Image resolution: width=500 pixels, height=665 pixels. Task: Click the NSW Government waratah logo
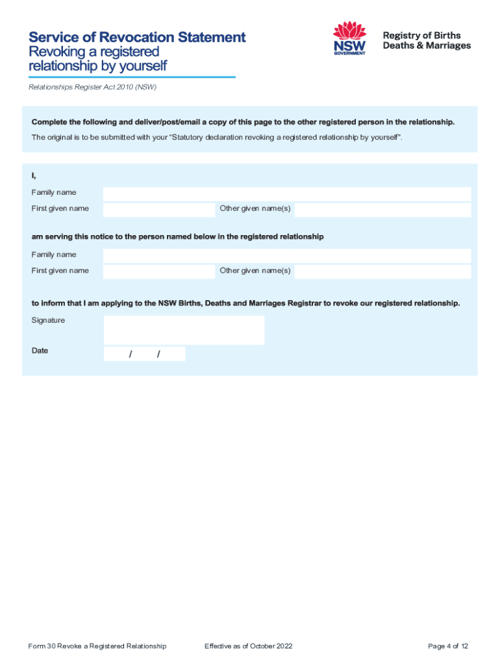[349, 38]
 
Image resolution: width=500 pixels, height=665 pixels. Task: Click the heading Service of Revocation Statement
[137, 37]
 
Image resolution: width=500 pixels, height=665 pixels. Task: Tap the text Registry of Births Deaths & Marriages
[427, 40]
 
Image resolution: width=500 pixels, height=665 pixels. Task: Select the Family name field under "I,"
[286, 194]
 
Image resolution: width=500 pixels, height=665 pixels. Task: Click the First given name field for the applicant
[158, 209]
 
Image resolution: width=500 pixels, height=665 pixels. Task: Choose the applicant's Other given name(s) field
[382, 209]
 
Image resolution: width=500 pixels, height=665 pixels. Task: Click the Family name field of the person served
[286, 255]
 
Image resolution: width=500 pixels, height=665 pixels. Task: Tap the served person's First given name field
[158, 271]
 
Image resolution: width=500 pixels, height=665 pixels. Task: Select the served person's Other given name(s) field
[382, 271]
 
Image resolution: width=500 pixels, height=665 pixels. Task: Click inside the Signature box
[184, 330]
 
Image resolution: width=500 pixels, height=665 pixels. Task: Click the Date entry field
[144, 354]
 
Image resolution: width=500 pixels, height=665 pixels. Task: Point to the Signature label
[48, 320]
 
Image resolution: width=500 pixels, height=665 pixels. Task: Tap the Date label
[40, 351]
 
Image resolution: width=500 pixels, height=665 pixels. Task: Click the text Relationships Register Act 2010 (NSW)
[92, 86]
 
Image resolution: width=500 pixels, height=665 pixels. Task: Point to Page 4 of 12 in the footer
[448, 646]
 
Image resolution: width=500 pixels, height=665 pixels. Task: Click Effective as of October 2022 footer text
[248, 646]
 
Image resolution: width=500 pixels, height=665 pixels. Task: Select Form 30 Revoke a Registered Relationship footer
[97, 646]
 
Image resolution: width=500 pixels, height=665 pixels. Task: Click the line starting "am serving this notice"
[177, 237]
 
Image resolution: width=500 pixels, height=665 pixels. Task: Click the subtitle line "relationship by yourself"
[97, 66]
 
